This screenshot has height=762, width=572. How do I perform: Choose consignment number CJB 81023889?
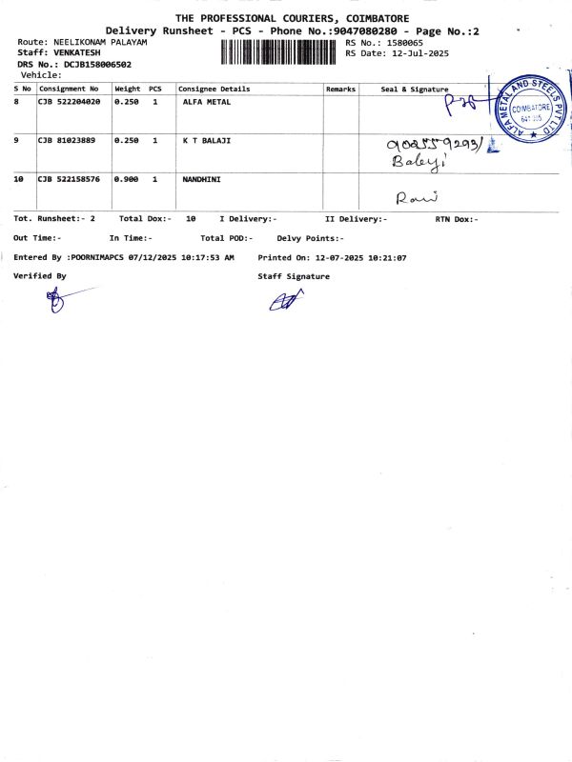66,140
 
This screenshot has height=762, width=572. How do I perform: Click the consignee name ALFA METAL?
206,101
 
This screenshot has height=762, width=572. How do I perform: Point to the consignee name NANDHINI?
201,178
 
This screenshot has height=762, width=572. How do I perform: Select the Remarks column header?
340,89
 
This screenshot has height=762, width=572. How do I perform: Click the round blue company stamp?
529,110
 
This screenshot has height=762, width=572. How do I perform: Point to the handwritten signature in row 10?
416,197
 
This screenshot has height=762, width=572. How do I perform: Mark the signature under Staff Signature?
285,301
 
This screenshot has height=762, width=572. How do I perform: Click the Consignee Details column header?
214,89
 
